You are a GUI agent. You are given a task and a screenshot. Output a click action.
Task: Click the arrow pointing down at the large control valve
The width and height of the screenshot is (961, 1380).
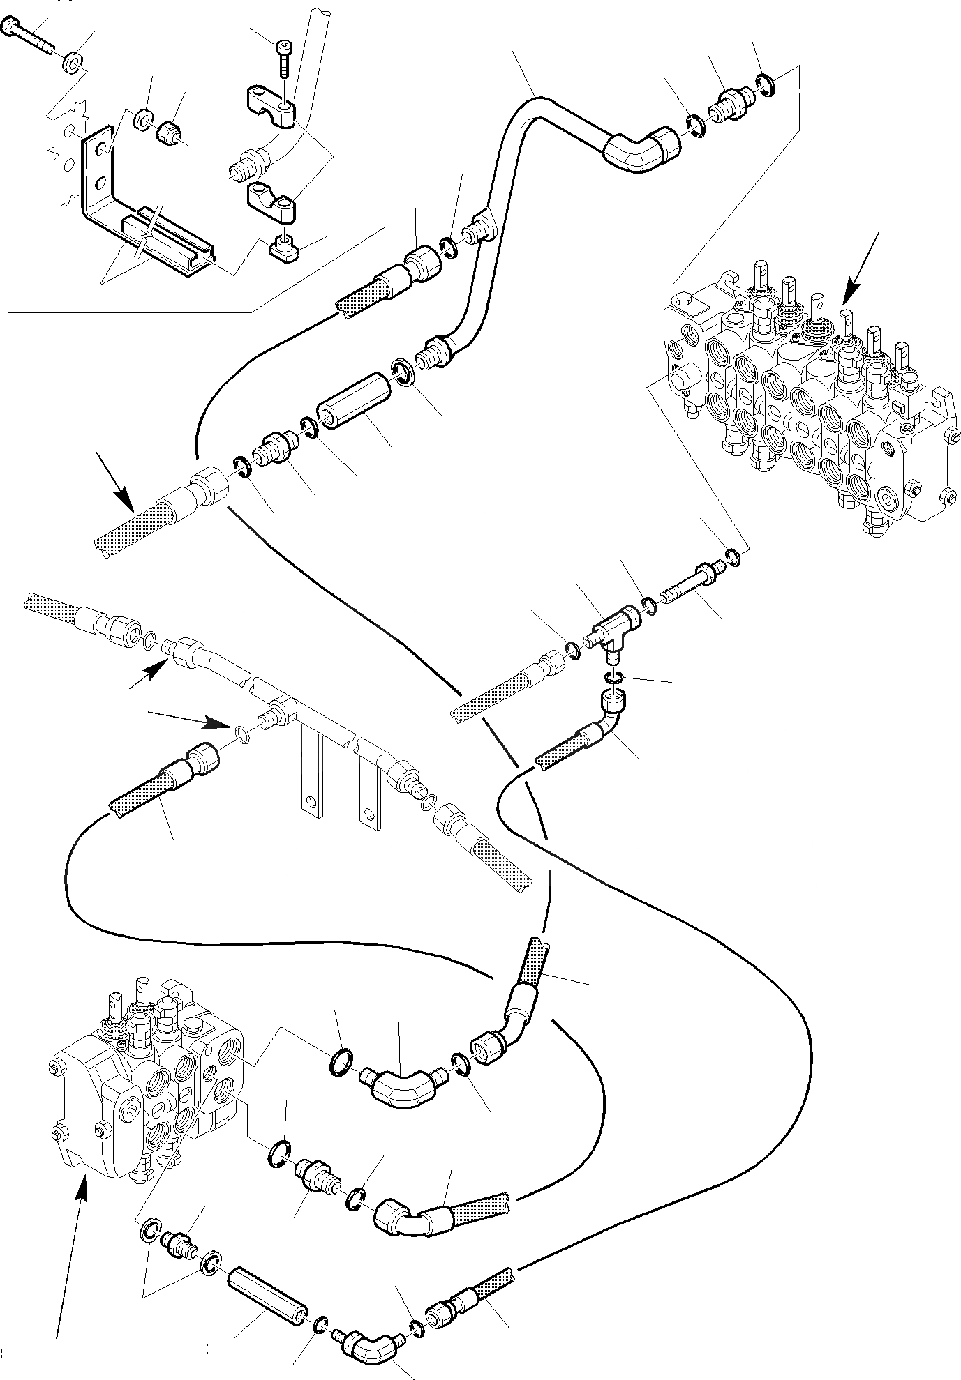tap(858, 268)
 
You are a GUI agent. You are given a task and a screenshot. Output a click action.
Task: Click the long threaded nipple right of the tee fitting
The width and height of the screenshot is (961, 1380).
tap(687, 579)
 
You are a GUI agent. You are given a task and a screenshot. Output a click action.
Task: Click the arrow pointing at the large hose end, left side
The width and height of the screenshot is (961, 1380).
tap(115, 482)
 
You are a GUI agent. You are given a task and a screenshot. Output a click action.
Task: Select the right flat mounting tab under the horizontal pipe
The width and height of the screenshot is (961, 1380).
tap(366, 788)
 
